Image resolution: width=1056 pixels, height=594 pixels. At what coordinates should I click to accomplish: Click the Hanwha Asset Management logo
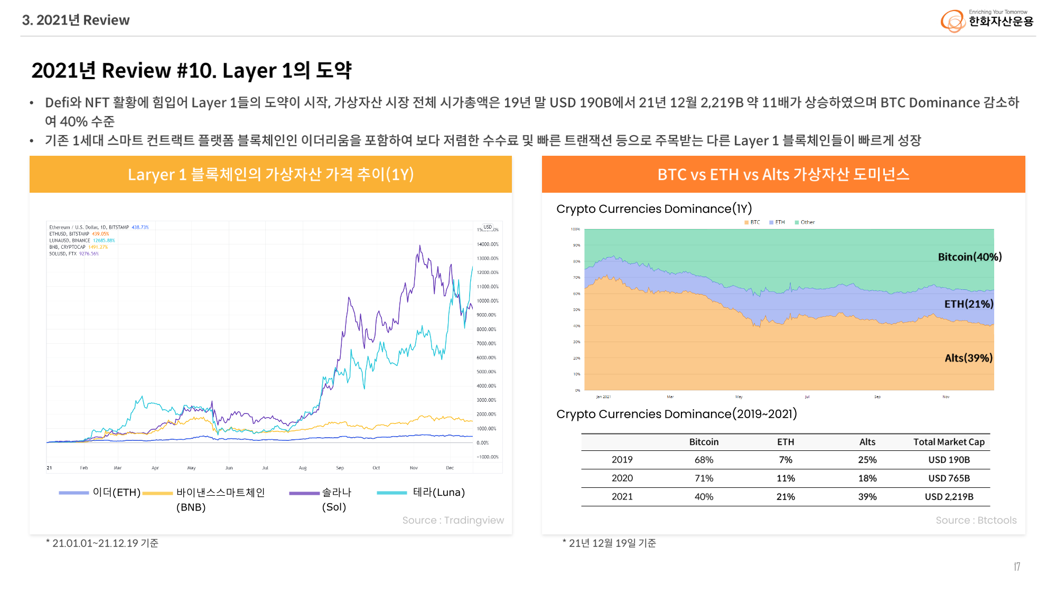pos(986,20)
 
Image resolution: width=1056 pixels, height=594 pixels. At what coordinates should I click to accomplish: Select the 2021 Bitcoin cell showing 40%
pos(704,497)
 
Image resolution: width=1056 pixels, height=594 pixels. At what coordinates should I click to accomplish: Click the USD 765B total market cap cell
pos(949,478)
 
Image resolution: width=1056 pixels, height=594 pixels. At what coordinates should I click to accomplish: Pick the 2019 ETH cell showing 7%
pos(786,460)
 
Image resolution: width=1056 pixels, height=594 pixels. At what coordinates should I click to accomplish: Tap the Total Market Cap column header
pos(949,442)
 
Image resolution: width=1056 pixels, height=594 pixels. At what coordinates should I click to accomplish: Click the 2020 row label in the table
pos(622,478)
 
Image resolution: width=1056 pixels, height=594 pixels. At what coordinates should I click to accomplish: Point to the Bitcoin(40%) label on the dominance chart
pos(969,257)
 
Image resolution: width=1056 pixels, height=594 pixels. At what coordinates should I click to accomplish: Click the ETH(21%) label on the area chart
pos(968,304)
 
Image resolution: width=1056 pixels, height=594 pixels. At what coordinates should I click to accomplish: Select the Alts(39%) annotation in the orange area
pos(968,358)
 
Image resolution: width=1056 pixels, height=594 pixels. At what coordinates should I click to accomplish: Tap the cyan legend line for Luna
pos(391,493)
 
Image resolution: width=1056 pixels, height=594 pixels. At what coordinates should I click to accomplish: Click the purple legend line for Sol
pos(304,493)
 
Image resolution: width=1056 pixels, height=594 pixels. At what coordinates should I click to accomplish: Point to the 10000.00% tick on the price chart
pos(487,301)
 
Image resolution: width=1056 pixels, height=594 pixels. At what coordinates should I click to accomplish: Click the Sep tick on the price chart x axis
pos(340,468)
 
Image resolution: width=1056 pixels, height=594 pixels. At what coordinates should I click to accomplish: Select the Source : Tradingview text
pos(453,520)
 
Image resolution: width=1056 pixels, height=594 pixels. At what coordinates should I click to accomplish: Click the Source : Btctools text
pos(976,520)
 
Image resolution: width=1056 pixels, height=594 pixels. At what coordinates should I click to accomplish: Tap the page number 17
pos(1017,567)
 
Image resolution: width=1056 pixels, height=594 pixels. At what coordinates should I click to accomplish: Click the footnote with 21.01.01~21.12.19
pos(102,543)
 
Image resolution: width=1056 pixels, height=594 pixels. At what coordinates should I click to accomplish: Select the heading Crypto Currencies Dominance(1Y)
pos(654,209)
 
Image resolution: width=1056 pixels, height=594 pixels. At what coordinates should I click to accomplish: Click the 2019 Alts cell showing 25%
pos(867,460)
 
